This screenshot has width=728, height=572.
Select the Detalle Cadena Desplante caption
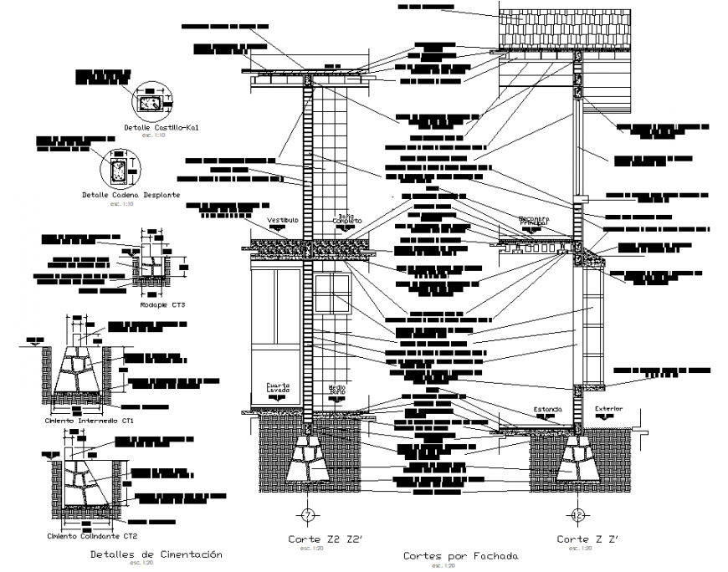(x=131, y=195)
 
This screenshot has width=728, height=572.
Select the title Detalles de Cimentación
(x=156, y=554)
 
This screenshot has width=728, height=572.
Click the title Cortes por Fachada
(x=460, y=555)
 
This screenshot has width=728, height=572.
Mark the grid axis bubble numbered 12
(x=577, y=513)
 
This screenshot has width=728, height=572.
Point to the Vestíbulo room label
(x=283, y=220)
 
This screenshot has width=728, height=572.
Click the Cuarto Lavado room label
(x=278, y=388)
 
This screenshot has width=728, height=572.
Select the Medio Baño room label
(x=336, y=389)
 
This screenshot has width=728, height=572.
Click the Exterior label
(x=608, y=410)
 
